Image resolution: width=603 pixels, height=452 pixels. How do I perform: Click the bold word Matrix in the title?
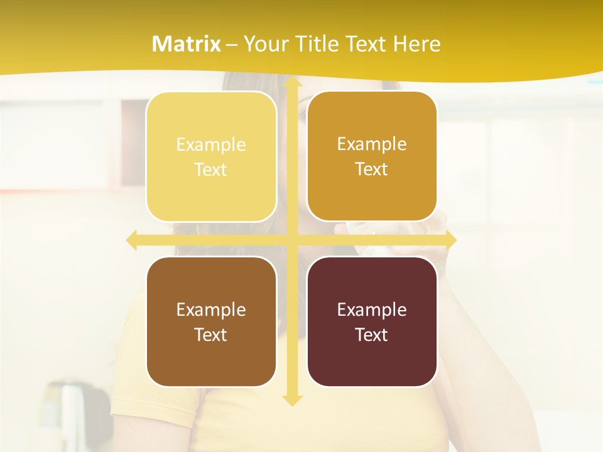[x=187, y=44]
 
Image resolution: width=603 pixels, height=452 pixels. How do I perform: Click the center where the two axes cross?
[x=291, y=240]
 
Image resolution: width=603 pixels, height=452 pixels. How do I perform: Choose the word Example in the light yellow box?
[x=211, y=145]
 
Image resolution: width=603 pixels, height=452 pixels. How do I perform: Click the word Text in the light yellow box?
[x=211, y=169]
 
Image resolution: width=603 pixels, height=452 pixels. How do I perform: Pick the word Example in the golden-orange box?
[x=372, y=144]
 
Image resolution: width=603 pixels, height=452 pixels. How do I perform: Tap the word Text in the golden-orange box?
[x=372, y=169]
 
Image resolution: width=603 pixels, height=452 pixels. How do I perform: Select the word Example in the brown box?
[x=211, y=310]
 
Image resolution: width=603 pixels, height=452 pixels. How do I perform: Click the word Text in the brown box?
[x=211, y=335]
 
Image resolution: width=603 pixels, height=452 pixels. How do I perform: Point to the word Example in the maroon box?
[x=372, y=310]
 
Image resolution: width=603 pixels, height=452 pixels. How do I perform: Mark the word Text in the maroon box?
[x=372, y=335]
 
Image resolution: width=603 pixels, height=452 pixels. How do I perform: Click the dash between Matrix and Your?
[x=232, y=45]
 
